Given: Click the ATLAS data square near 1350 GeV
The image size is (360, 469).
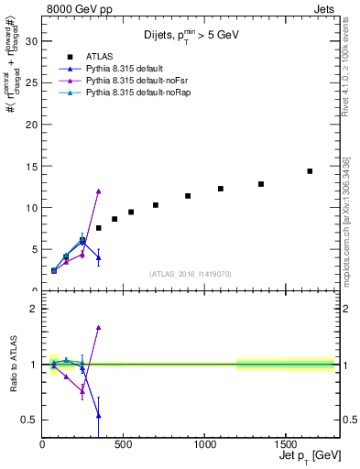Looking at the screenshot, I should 261,184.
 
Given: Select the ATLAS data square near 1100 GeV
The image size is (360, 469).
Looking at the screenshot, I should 221,189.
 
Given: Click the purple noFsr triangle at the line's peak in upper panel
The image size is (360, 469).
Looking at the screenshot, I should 98,191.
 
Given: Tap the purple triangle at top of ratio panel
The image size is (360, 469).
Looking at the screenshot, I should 98,327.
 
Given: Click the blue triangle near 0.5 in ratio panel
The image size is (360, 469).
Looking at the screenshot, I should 98,415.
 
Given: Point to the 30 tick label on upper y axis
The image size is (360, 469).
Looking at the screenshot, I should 32,41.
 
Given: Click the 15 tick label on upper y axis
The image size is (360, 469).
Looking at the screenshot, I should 32,166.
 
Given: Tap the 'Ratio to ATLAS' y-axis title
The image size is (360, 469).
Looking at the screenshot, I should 11,365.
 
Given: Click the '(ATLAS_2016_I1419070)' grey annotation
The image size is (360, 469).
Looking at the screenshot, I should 191,273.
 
